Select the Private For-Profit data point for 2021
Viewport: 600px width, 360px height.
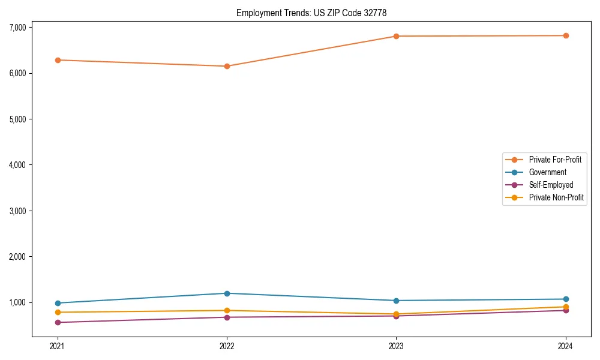[58, 60]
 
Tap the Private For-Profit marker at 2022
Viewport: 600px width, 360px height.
[227, 66]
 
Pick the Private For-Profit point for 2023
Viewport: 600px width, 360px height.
[396, 36]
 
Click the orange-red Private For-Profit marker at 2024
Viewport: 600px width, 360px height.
[566, 35]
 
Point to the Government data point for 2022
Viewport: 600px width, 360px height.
[227, 293]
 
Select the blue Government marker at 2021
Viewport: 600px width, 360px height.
[58, 303]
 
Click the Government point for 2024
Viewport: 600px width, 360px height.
[566, 299]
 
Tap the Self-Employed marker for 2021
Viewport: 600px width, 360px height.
[58, 322]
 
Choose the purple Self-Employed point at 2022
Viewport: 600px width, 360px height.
[227, 317]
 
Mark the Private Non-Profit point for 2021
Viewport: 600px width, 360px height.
[58, 312]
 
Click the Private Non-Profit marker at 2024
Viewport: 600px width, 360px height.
[566, 307]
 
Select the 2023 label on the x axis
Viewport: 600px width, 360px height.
[396, 346]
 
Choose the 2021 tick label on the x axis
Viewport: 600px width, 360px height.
[58, 346]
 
